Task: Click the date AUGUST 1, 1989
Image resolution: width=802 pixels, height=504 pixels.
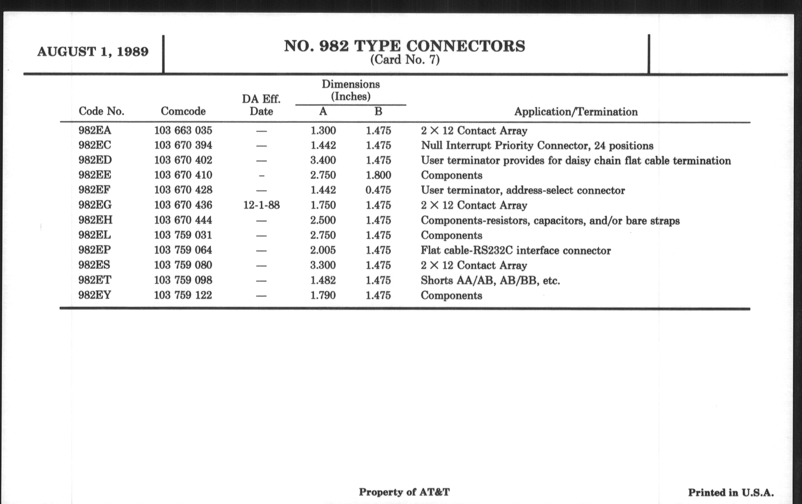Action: (x=93, y=52)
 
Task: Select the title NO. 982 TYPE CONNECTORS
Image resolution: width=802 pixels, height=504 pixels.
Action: (x=404, y=46)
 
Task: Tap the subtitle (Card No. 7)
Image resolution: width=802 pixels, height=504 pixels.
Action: (x=405, y=60)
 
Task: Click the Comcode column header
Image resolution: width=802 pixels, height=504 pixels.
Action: (x=183, y=111)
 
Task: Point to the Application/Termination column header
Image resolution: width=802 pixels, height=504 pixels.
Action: (x=576, y=112)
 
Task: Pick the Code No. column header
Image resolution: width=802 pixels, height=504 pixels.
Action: (x=101, y=111)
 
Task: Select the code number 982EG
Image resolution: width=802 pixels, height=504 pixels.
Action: (x=95, y=205)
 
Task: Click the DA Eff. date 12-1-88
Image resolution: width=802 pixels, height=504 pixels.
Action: (x=262, y=205)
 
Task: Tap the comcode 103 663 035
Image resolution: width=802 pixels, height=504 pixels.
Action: (x=183, y=130)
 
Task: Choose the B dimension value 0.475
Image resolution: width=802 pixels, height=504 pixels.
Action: (x=378, y=190)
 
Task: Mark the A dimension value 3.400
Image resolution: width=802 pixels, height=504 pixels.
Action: (x=323, y=160)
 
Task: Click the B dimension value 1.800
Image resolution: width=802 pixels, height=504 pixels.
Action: (x=378, y=175)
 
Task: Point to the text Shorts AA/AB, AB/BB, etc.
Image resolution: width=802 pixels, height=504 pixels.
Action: (x=490, y=280)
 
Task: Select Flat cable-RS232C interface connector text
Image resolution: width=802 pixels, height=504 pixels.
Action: (x=515, y=250)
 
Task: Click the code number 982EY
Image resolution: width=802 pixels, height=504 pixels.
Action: (x=95, y=295)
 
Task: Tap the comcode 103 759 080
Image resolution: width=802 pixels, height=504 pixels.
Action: (x=183, y=265)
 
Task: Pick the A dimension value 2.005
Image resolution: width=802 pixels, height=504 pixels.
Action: (x=323, y=250)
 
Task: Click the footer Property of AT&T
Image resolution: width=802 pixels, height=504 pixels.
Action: (x=404, y=492)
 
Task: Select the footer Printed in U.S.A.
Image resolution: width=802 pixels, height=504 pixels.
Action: (x=731, y=493)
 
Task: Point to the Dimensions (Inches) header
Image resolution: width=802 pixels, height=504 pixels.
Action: (x=351, y=90)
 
